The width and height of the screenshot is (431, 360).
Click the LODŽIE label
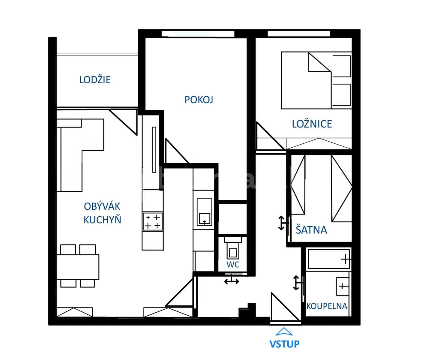pyautogui.click(x=95, y=79)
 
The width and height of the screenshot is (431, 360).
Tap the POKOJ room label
pyautogui.click(x=199, y=100)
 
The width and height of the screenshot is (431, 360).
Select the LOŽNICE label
pyautogui.click(x=312, y=124)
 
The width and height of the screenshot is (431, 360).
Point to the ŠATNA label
pyautogui.click(x=311, y=230)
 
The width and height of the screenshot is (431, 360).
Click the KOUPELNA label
pyautogui.click(x=327, y=306)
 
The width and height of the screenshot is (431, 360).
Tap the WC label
pyautogui.click(x=233, y=264)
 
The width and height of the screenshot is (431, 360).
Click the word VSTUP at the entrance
pyautogui.click(x=284, y=344)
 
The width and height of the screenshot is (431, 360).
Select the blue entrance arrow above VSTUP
pyautogui.click(x=284, y=331)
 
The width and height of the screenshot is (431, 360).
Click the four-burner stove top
pyautogui.click(x=152, y=221)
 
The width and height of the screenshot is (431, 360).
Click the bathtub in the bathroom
pyautogui.click(x=328, y=259)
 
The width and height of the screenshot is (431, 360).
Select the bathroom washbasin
pyautogui.click(x=342, y=286)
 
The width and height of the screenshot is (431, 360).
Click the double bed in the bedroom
pyautogui.click(x=316, y=80)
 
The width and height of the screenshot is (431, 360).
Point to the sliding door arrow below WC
pyautogui.click(x=232, y=281)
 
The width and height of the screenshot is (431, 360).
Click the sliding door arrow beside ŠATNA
pyautogui.click(x=281, y=223)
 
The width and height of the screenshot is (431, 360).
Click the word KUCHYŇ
pyautogui.click(x=102, y=220)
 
